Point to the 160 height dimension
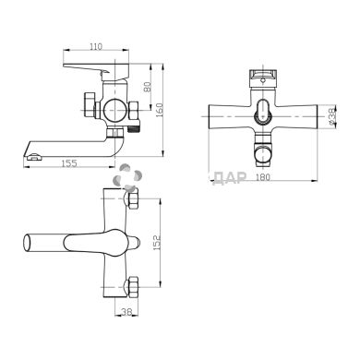coord(162,109)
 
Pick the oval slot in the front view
coord(266,110)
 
